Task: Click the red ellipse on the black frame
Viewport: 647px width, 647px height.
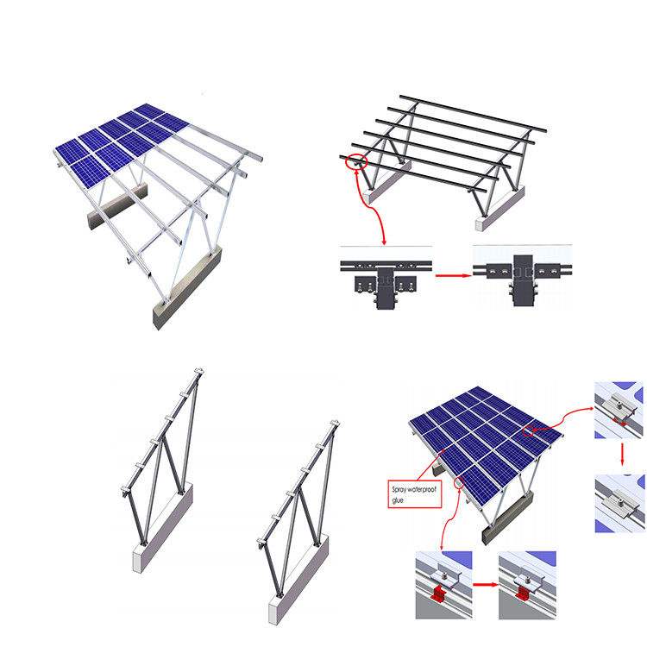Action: tap(355, 160)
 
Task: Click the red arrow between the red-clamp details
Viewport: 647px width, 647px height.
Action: tap(485, 585)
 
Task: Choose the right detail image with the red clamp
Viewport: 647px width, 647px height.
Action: tap(527, 584)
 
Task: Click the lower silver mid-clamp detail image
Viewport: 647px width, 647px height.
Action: tap(619, 500)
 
